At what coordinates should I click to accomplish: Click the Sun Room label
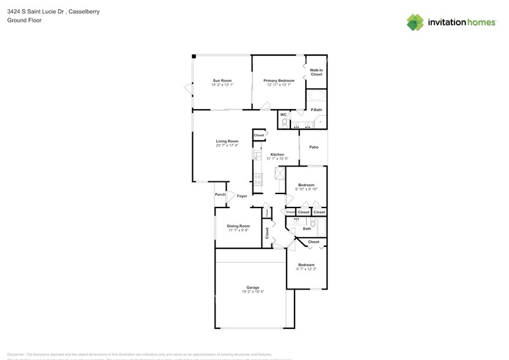coord(222,81)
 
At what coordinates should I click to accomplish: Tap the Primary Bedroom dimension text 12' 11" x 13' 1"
coord(279,85)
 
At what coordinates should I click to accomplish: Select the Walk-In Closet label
coord(316,72)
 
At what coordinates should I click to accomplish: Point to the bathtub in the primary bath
coord(316,96)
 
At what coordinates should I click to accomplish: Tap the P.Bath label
coord(316,110)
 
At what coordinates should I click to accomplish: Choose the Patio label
coord(314,147)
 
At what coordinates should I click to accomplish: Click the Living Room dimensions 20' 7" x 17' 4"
coord(227,146)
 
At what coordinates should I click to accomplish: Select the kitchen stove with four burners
coord(258,179)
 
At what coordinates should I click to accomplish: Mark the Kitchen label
coord(277,154)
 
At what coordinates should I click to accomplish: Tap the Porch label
coord(220,195)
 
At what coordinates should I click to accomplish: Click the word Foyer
coord(242,196)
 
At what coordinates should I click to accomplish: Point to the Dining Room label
coord(238,226)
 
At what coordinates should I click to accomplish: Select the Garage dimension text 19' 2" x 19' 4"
coord(252,292)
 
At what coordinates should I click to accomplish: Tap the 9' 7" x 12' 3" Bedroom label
coord(306,269)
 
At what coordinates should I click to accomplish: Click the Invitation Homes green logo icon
coord(415,23)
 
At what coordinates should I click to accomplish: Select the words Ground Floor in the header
coord(20,20)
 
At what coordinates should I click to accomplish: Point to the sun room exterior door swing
coord(189,91)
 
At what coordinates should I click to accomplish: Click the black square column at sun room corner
coord(194,56)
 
